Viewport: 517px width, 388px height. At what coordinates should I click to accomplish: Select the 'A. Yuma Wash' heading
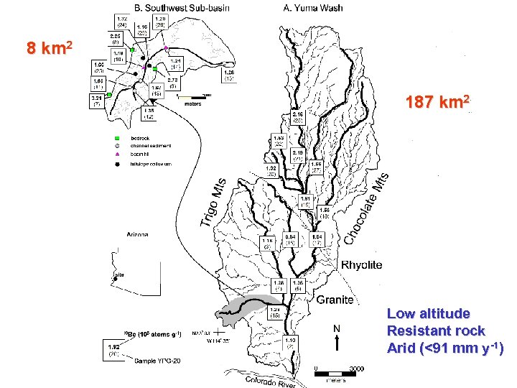[x=311, y=8]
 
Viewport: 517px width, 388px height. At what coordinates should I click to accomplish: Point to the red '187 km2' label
[x=438, y=101]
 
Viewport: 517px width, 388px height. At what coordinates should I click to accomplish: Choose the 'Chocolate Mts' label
[x=366, y=208]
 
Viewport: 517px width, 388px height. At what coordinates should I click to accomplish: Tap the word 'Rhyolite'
[x=361, y=265]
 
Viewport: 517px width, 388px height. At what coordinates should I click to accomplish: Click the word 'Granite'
[x=335, y=300]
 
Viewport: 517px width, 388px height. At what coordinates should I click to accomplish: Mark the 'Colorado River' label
[x=270, y=381]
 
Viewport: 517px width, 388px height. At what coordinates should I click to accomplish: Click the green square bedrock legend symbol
[x=116, y=138]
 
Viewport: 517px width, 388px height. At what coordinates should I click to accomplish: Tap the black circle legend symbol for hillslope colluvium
[x=116, y=165]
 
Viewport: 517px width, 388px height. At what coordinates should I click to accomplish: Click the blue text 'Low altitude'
[x=428, y=314]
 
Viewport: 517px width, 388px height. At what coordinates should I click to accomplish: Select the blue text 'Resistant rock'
[x=435, y=331]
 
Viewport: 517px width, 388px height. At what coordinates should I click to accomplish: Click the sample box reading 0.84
[x=291, y=240]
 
